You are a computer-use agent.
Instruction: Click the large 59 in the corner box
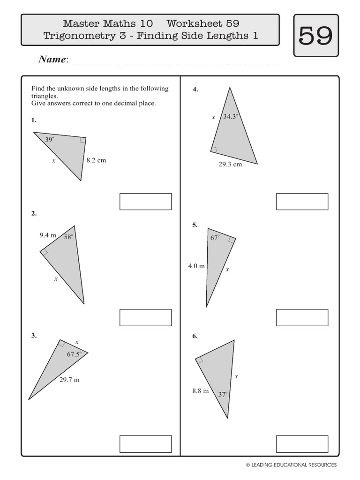(315, 36)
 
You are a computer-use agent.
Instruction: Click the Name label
(53, 60)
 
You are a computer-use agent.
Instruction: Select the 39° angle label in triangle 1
(50, 139)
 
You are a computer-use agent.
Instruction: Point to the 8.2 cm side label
(96, 160)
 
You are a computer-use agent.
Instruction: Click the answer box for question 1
(145, 202)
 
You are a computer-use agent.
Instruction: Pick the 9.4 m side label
(48, 235)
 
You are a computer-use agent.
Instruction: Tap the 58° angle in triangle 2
(69, 237)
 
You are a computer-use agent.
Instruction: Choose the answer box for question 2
(145, 317)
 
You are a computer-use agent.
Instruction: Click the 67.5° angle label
(74, 354)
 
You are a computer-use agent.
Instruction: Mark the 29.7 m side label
(69, 380)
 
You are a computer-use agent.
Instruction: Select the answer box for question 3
(145, 443)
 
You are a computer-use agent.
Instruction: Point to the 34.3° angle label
(231, 117)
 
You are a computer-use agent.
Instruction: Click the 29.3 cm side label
(230, 165)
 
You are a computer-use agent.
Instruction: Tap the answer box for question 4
(302, 202)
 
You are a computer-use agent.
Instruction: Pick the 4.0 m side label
(196, 266)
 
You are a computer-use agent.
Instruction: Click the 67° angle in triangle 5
(215, 238)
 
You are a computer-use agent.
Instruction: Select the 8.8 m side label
(200, 390)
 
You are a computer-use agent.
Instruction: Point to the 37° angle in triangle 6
(223, 395)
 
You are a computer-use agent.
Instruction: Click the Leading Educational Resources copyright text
(291, 465)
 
